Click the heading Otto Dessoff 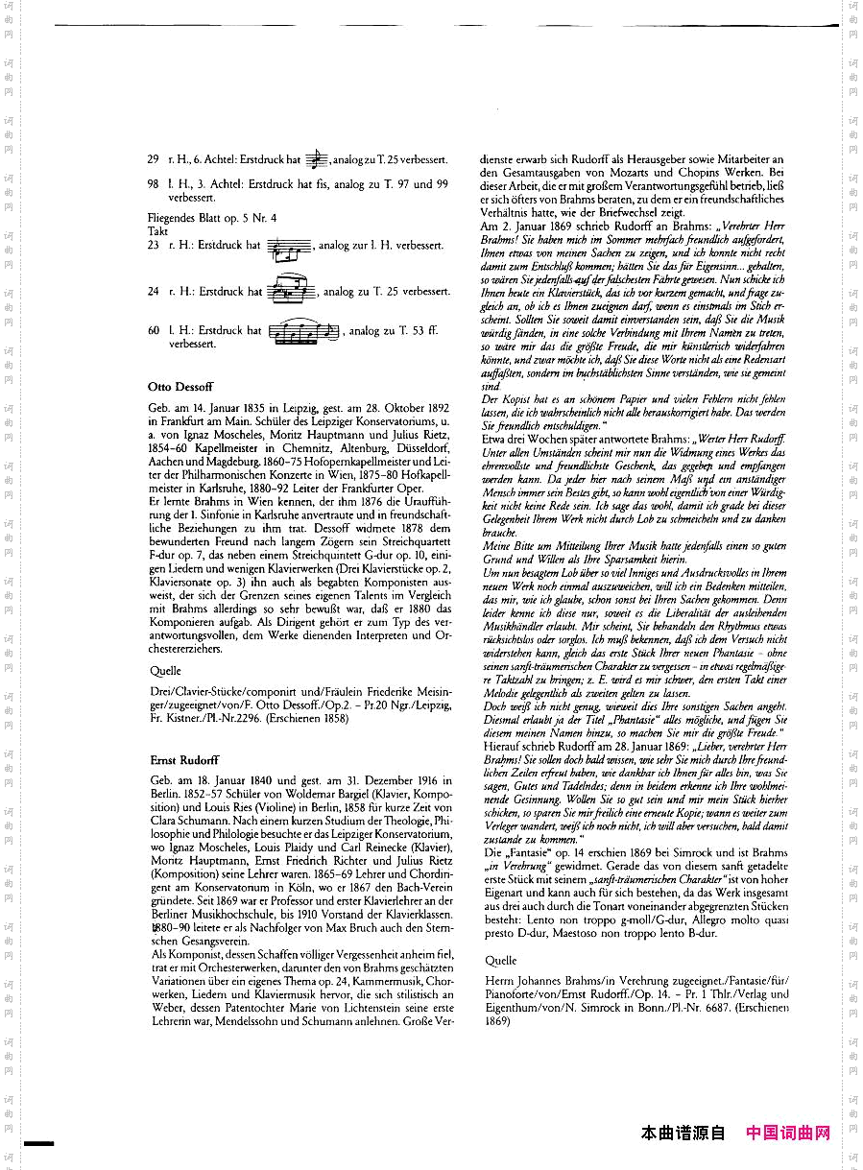pos(180,387)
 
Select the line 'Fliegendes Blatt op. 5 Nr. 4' pos(212,218)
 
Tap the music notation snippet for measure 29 pos(319,159)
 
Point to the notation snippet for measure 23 pos(289,248)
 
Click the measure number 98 pos(154,183)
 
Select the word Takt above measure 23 pos(158,231)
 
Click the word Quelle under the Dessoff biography pos(165,672)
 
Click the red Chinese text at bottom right pos(788,1134)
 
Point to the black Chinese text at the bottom pos(683,1134)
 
